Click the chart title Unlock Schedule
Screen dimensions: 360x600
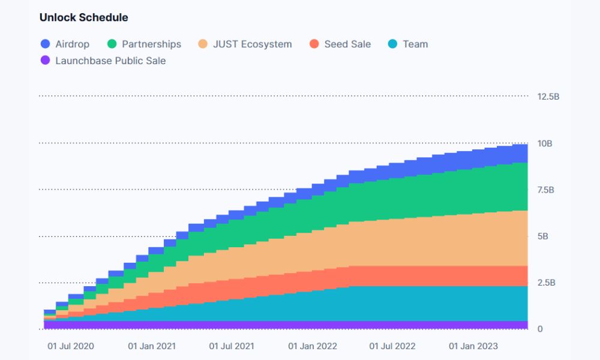[x=83, y=17]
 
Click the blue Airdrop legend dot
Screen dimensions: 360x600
[x=46, y=44]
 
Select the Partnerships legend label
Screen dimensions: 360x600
[x=151, y=44]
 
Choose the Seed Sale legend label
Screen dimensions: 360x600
[x=347, y=44]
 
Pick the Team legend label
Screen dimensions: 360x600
[x=415, y=44]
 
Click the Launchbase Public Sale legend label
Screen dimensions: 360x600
[x=110, y=61]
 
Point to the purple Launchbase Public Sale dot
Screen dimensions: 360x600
[x=46, y=61]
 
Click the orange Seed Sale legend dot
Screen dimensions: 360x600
[x=314, y=44]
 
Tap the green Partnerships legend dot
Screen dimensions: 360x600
[x=112, y=44]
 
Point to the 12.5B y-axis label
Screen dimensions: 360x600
[x=548, y=96]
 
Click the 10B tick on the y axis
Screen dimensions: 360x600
[x=545, y=143]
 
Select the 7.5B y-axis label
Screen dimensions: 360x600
[x=546, y=190]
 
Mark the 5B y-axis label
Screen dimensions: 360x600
[x=542, y=236]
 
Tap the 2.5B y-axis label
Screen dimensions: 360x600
[x=546, y=283]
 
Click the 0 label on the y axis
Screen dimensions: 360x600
[x=540, y=329]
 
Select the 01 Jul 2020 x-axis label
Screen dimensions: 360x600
[x=71, y=346]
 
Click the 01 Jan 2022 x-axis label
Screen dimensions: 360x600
[x=313, y=346]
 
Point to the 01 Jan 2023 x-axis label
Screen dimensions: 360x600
[x=473, y=346]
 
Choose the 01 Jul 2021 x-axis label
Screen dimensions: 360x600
[x=232, y=346]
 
